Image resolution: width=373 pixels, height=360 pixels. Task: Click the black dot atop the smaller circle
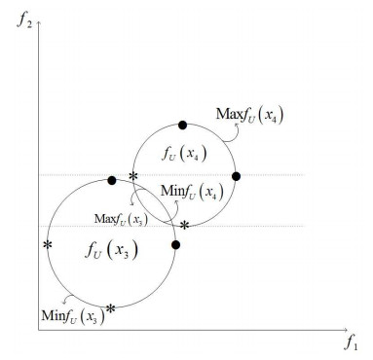pos(182,125)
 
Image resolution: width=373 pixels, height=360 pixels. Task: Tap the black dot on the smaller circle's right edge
pos(235,176)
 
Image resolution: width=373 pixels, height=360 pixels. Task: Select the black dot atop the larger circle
pos(112,180)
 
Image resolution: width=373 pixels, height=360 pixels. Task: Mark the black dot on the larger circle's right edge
pos(175,244)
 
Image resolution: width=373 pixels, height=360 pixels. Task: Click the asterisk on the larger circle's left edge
pos(47,244)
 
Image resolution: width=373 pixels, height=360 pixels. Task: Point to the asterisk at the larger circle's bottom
pos(110,308)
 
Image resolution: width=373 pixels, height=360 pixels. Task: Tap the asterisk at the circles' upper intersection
pos(133,176)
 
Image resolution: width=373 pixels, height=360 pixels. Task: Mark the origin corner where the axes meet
pos(38,332)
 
